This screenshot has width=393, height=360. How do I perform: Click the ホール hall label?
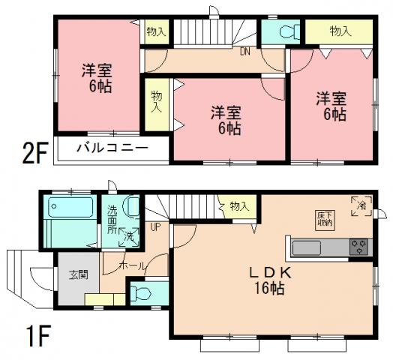click(131, 265)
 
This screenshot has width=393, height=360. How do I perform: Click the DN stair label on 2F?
click(244, 52)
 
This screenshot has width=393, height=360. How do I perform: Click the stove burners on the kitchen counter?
click(355, 245)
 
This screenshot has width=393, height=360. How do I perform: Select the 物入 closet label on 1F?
click(239, 206)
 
